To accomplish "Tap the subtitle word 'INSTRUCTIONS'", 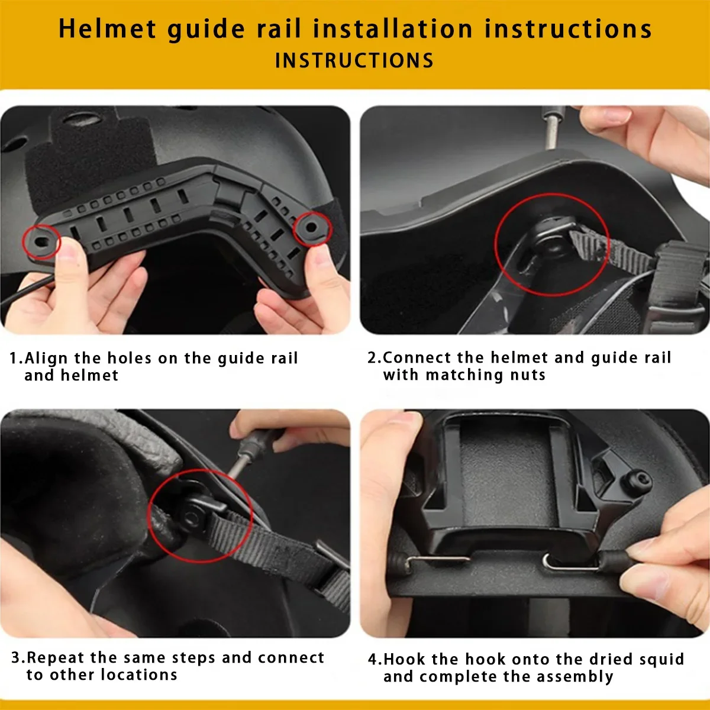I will click(x=354, y=61).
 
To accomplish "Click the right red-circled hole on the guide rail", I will click(x=311, y=227).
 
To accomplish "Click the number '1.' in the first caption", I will click(x=16, y=359).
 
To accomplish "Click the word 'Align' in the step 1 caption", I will click(x=47, y=359).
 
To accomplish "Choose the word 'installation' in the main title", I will click(x=393, y=29).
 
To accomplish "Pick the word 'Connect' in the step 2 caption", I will click(x=417, y=358).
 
